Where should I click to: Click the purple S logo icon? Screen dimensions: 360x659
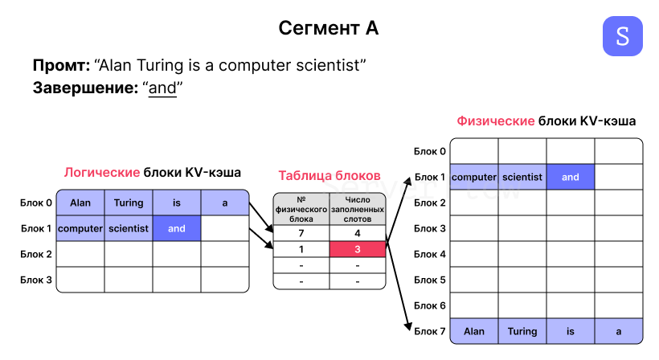pyautogui.click(x=622, y=35)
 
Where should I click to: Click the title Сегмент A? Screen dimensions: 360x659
pyautogui.click(x=329, y=29)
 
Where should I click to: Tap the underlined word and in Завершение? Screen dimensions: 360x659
pyautogui.click(x=162, y=88)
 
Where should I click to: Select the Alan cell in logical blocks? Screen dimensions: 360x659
pyautogui.click(x=80, y=203)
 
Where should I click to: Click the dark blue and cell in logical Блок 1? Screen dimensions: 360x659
pyautogui.click(x=177, y=229)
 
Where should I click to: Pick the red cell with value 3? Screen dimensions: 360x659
pyautogui.click(x=358, y=250)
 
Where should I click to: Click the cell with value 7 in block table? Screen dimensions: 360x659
pyautogui.click(x=301, y=233)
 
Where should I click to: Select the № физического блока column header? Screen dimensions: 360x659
pyautogui.click(x=301, y=209)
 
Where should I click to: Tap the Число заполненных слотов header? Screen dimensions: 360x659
pyautogui.click(x=358, y=209)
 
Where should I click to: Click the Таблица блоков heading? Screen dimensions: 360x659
pyautogui.click(x=329, y=175)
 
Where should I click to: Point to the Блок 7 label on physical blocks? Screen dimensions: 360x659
pyautogui.click(x=430, y=331)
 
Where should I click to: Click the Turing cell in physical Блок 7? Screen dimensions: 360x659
pyautogui.click(x=522, y=331)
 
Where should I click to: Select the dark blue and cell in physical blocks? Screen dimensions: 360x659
pyautogui.click(x=571, y=177)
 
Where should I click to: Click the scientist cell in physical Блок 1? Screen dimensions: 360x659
pyautogui.click(x=522, y=177)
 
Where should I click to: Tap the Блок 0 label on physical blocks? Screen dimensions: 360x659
pyautogui.click(x=430, y=151)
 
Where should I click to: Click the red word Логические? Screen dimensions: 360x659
pyautogui.click(x=101, y=172)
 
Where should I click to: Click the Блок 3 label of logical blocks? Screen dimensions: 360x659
pyautogui.click(x=36, y=280)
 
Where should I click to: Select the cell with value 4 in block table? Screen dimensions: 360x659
pyautogui.click(x=358, y=233)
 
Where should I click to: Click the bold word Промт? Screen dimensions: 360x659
pyautogui.click(x=61, y=65)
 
